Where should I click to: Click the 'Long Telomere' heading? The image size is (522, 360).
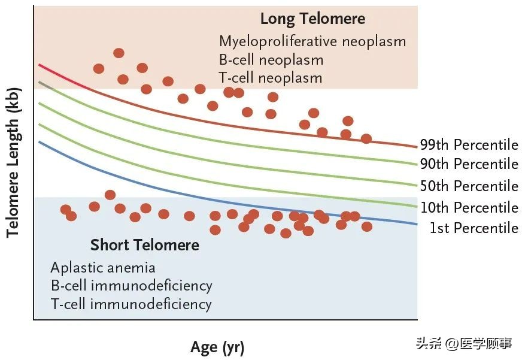click(312, 19)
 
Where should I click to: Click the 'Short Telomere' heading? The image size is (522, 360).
click(145, 245)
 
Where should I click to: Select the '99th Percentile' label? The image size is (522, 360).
click(469, 145)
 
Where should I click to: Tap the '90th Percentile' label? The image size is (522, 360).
click(469, 164)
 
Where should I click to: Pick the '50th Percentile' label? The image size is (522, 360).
click(469, 186)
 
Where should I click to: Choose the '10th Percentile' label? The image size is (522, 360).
click(469, 208)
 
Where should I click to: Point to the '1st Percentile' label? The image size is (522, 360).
click(474, 228)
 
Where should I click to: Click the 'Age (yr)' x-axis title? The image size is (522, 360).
click(217, 347)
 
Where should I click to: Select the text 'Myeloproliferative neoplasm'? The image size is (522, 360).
click(312, 41)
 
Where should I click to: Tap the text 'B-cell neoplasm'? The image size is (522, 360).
click(271, 60)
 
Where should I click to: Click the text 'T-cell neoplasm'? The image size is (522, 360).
click(271, 78)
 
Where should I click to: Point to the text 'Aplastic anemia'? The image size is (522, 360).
click(103, 267)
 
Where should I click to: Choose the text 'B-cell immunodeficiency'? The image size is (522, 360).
click(131, 285)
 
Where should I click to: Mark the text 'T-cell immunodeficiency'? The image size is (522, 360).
click(131, 304)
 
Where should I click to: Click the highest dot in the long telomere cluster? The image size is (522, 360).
click(119, 53)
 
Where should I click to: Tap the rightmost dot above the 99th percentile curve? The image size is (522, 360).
click(366, 139)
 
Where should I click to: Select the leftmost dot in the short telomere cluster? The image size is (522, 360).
click(66, 209)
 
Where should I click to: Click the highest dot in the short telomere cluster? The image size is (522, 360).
click(110, 195)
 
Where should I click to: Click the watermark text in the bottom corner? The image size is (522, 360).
click(464, 344)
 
